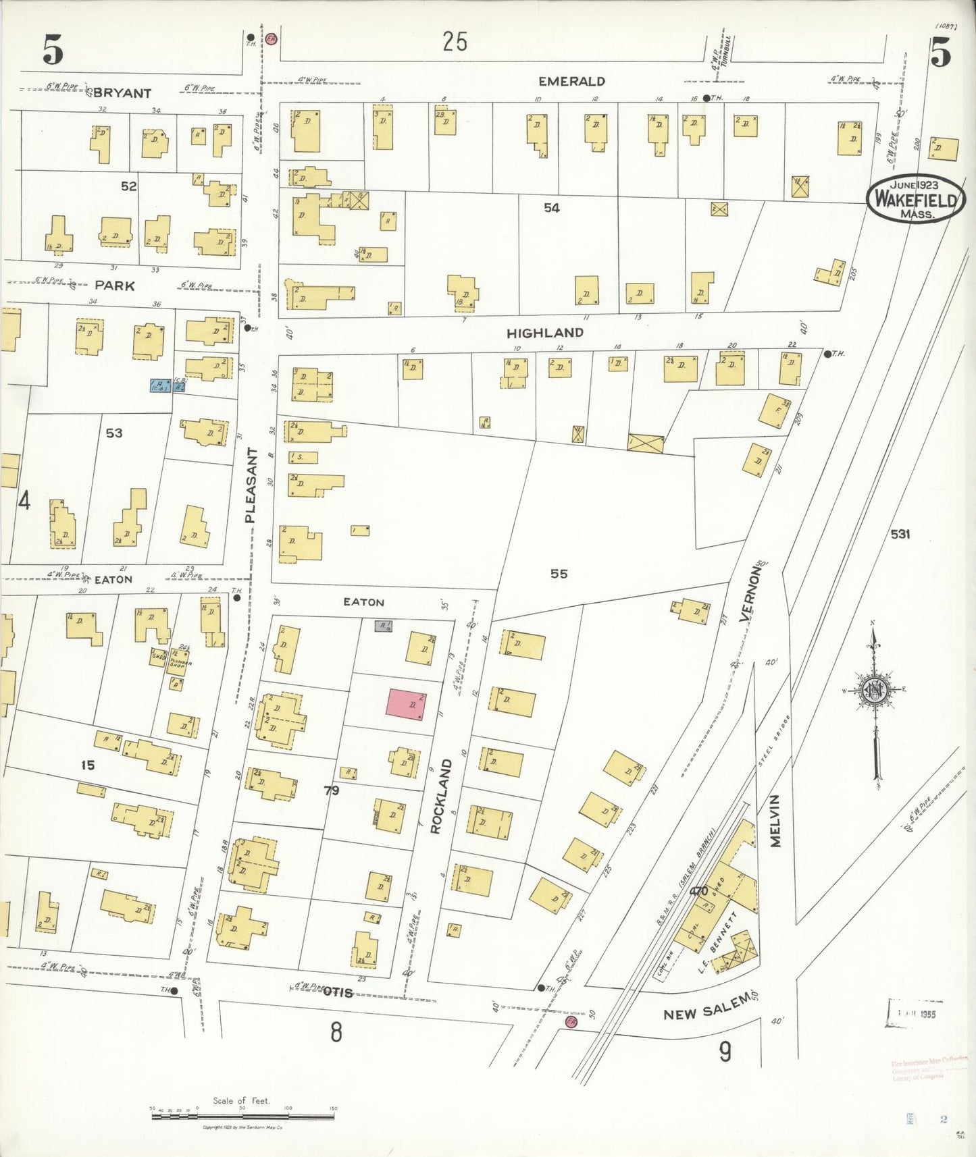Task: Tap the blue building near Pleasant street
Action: coord(160,385)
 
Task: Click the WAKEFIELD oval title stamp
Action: coord(916,199)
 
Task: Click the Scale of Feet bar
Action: coord(242,1116)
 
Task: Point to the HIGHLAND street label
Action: coord(545,333)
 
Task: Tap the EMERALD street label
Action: coord(571,82)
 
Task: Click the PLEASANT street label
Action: coord(251,485)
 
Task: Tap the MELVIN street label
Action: coord(775,820)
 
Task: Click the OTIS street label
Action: coord(338,992)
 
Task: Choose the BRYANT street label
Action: coord(122,93)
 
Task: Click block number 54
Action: coord(552,208)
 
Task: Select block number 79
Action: coord(331,790)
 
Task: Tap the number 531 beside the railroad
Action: coord(900,534)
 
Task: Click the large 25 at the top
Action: coord(455,42)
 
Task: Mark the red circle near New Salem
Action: coord(571,1022)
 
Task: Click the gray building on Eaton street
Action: coord(384,626)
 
